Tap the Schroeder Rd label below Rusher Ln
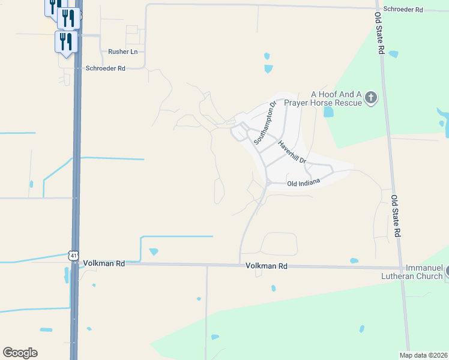104,68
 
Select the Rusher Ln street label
122,52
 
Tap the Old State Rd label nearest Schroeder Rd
380,34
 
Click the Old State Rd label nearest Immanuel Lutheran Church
396,215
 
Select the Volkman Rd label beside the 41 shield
104,263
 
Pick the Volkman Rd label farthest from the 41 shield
266,265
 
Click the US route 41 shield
73,256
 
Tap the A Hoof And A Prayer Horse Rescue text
336,98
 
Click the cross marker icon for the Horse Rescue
371,97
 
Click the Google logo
20,352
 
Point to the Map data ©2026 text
423,355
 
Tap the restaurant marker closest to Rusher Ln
65,42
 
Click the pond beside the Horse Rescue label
328,112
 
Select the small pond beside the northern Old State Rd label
393,54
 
